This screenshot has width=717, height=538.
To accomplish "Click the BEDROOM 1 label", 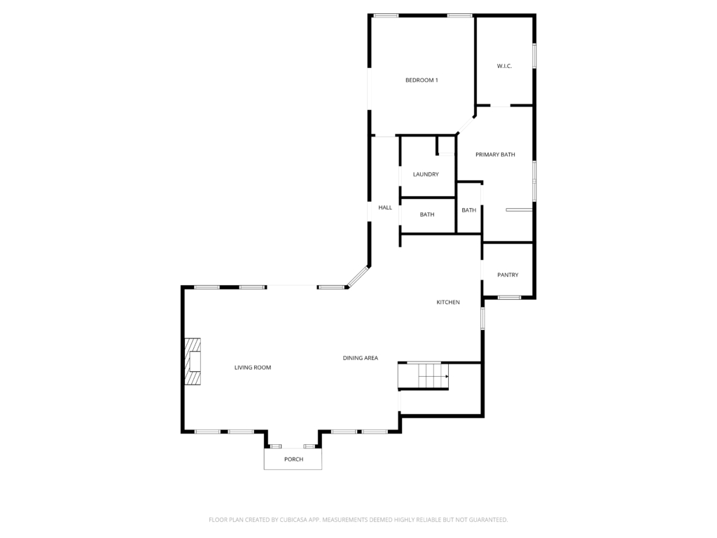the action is coord(422,80).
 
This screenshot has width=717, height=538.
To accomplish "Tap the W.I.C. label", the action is coord(504,66).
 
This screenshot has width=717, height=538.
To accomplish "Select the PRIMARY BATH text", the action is coord(495,155).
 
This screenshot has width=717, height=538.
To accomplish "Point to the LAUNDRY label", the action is coord(426,174).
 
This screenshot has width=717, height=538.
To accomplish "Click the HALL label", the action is coord(385,207).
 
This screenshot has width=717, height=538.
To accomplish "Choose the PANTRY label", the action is coord(508,275).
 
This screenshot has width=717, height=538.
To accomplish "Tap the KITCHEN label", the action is coord(448,303).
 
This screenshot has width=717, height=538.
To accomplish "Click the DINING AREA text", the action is coord(361,358).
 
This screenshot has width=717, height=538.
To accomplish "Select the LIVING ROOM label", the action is coord(252,367).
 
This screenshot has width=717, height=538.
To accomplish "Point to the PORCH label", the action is coord(293,460).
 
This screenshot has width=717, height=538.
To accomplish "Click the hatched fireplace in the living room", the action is coord(193,361).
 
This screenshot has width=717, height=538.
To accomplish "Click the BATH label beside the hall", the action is coord(427,214).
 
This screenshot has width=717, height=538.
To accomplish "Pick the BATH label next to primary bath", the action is coord(468,210).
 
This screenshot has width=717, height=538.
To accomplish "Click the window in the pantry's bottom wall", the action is coord(509,298).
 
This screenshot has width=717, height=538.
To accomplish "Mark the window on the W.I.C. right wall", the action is coord(534,56).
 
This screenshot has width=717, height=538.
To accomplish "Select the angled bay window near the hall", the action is coord(358,277).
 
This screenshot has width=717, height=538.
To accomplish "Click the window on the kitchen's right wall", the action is coord(482,318).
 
